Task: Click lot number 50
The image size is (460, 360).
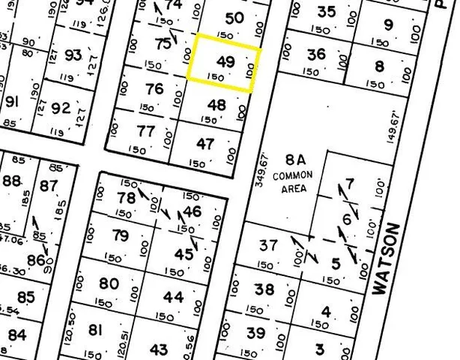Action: [234, 17]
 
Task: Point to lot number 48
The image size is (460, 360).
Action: [217, 105]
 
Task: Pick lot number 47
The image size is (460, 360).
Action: [205, 143]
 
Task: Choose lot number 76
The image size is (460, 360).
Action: [154, 88]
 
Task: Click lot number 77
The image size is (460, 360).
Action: [146, 131]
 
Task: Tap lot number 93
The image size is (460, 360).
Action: [73, 55]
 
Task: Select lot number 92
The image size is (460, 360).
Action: [61, 108]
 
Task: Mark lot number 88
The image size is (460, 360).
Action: [12, 181]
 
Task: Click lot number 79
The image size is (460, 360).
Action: [120, 236]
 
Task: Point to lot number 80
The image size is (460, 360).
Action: [109, 283]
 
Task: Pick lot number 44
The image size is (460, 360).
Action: [173, 297]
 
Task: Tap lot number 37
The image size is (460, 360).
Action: [267, 244]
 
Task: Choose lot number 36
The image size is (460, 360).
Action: [316, 54]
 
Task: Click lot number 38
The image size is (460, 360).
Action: [264, 289]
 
